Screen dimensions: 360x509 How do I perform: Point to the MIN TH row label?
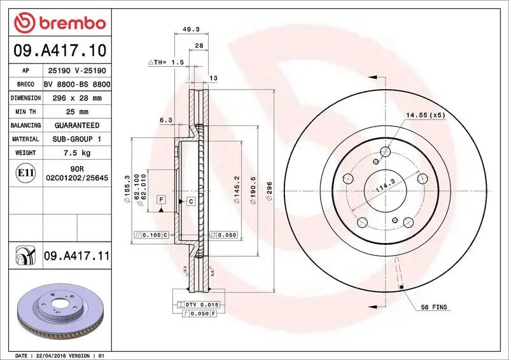pos(25,112)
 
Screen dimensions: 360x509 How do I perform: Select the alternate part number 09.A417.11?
pos(76,256)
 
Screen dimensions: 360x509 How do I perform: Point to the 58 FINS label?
pos(434,307)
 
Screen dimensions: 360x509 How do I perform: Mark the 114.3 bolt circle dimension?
pos(382,185)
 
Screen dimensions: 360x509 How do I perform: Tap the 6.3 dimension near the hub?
pos(166,120)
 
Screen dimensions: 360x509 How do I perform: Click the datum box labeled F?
pos(162,200)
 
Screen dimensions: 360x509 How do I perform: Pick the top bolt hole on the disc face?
pos(384,151)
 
